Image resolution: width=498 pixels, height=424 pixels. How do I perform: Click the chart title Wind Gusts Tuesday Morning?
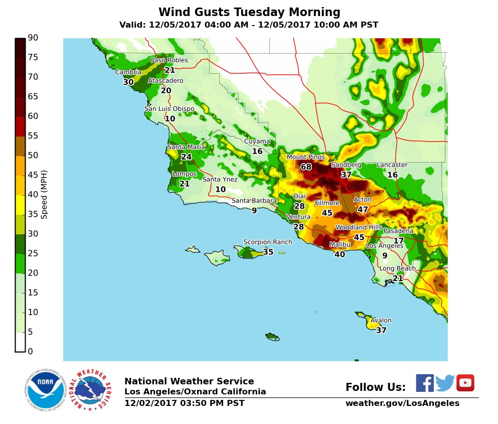(249, 12)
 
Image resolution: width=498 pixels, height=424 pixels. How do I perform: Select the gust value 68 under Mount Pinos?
(306, 167)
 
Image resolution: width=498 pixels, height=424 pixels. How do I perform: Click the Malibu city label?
(340, 245)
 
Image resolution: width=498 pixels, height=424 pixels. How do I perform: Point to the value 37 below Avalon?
(381, 330)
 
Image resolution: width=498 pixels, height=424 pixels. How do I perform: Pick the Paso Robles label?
(170, 60)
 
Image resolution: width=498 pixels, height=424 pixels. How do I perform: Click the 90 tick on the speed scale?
(33, 38)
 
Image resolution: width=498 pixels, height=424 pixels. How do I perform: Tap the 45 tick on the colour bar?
(33, 175)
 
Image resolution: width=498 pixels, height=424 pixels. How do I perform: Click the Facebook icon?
(424, 383)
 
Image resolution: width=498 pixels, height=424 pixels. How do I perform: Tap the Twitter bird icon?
(445, 383)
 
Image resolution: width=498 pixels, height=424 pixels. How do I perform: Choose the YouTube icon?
(465, 383)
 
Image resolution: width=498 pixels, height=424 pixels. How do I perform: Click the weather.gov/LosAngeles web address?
(402, 403)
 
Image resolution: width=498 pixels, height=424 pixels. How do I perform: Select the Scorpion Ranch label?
(267, 242)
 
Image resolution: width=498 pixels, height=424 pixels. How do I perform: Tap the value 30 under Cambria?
(128, 82)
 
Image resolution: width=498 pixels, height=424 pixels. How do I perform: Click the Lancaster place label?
(392, 165)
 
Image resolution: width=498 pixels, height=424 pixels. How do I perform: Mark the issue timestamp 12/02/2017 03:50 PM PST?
(184, 403)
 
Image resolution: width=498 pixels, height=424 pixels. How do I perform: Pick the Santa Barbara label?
(254, 201)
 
